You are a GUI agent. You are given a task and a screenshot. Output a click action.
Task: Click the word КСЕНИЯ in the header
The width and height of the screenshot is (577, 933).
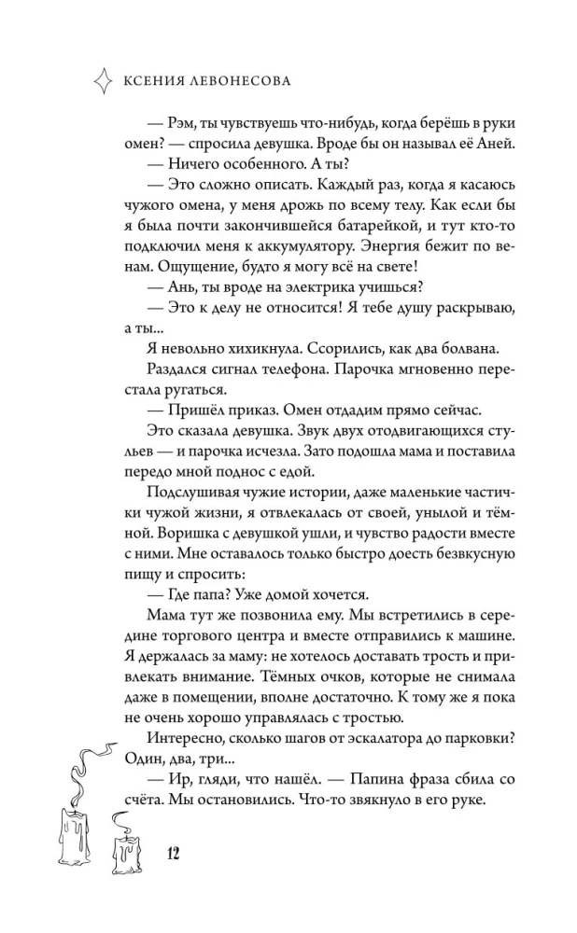[153, 81]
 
